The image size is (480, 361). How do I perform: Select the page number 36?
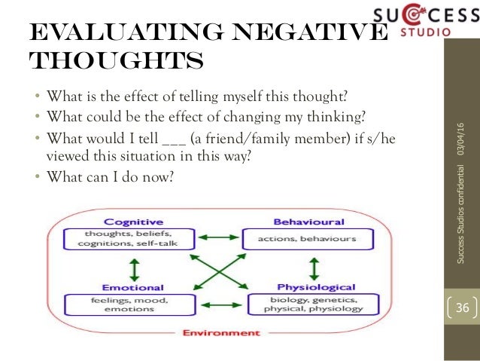[462, 308]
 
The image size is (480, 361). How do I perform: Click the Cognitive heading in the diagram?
[134, 222]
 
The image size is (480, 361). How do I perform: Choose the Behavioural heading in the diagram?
[298, 222]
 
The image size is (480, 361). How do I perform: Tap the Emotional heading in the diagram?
[133, 287]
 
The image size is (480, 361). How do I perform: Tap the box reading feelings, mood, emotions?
[133, 304]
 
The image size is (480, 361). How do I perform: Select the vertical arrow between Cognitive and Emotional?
[135, 269]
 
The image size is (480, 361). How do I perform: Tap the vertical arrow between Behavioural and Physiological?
[314, 269]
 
